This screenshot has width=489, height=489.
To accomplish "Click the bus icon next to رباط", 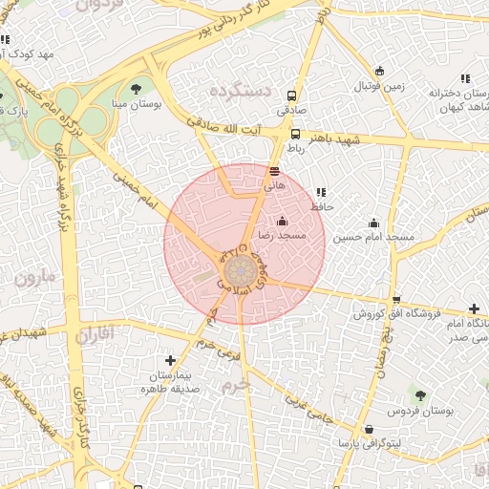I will tap(295, 135).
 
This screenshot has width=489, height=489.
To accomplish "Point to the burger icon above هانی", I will tap(275, 173).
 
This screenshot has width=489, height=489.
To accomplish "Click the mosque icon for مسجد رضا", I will tap(282, 222).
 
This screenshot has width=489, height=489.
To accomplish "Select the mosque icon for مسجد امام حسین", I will tap(373, 223).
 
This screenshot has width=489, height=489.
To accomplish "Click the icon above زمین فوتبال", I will tap(380, 71).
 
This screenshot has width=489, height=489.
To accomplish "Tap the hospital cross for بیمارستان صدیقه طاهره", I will tap(170, 360).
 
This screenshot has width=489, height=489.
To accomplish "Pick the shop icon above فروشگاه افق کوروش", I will tap(396, 299).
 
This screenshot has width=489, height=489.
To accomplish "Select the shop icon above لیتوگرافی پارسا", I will tap(369, 430).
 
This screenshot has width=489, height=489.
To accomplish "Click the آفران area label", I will tap(93, 334).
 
